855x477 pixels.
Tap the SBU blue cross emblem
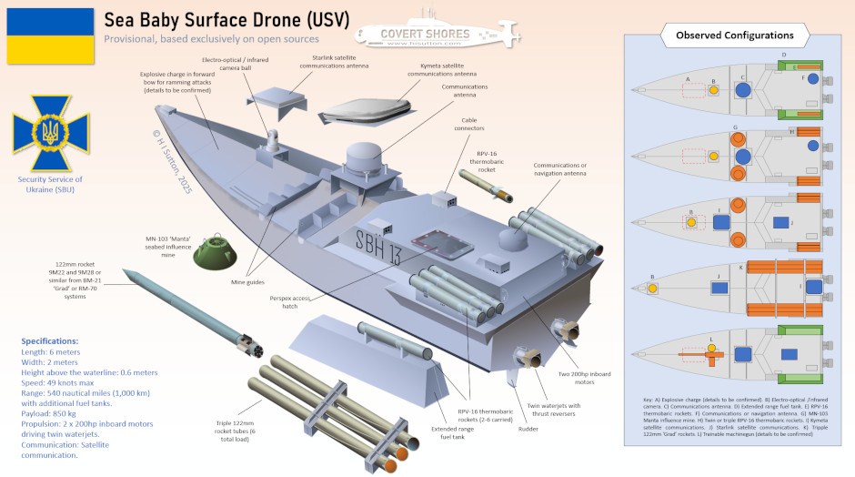pyautogui.click(x=50, y=135)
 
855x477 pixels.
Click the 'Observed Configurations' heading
pyautogui.click(x=734, y=35)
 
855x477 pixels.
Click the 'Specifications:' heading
pyautogui.click(x=55, y=339)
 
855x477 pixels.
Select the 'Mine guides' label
pyautogui.click(x=247, y=282)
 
